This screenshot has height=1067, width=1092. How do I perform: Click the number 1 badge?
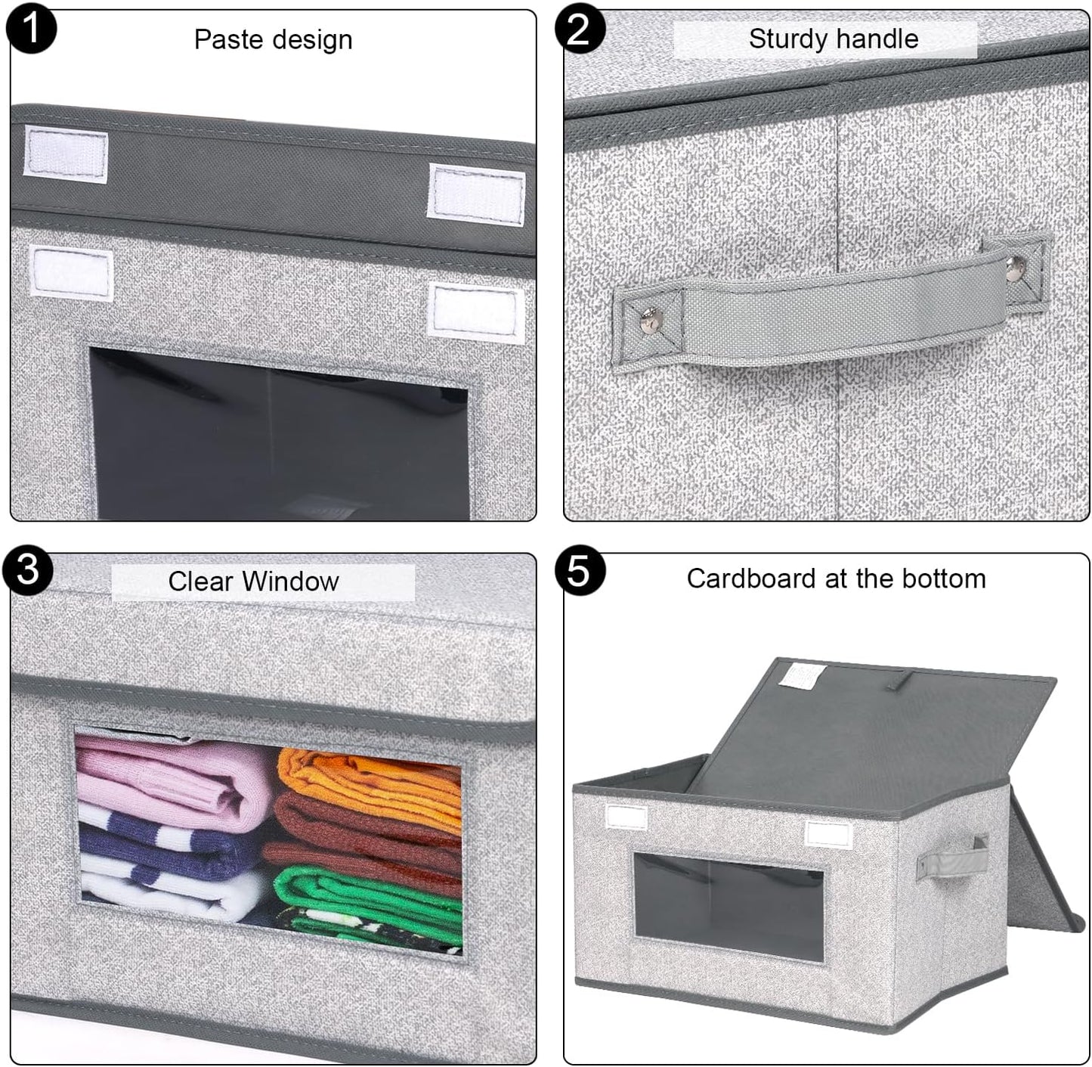[x=30, y=29]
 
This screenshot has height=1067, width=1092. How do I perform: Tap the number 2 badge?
[x=579, y=29]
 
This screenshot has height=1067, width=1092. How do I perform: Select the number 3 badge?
[x=28, y=569]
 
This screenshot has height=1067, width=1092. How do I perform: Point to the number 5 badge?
[x=579, y=570]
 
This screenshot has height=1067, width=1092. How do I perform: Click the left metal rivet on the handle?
[x=648, y=324]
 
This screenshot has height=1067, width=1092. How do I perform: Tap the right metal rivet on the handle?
[x=1015, y=264]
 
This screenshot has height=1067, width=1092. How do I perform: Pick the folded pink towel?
[x=178, y=779]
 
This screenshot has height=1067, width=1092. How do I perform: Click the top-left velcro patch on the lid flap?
[x=66, y=155]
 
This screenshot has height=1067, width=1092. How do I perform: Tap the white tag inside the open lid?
[x=802, y=675]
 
